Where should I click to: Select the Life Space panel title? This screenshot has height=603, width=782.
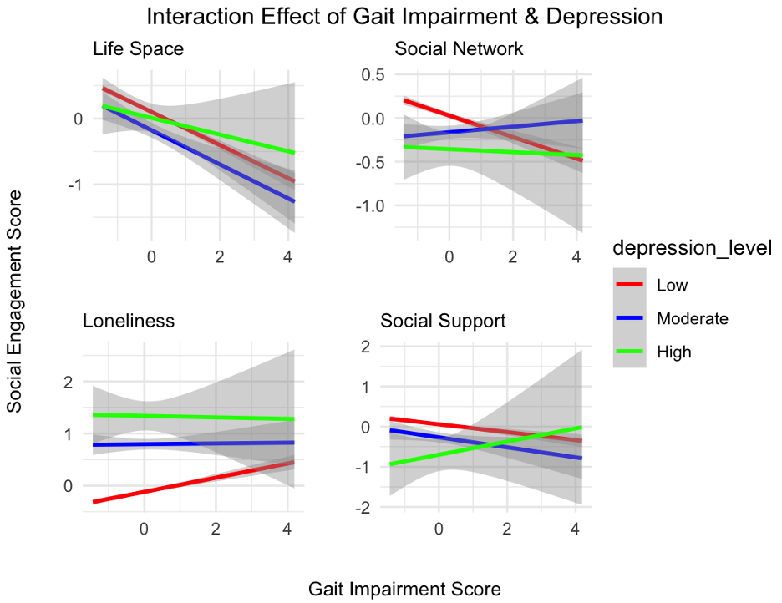(x=138, y=49)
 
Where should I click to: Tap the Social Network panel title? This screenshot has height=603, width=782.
(x=459, y=49)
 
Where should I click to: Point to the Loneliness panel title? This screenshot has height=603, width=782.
(x=129, y=321)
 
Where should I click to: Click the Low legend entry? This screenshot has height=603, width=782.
(x=672, y=286)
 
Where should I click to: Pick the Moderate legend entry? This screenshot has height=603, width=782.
(x=692, y=318)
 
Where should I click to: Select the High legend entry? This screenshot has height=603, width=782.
(x=673, y=352)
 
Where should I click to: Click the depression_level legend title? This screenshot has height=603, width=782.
(x=690, y=248)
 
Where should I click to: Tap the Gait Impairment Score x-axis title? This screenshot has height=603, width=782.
(x=404, y=589)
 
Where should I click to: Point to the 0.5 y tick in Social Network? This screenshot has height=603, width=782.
(x=371, y=75)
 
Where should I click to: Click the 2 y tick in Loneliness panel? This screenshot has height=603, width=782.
(x=68, y=382)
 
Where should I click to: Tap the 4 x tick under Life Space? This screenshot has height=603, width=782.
(x=287, y=256)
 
